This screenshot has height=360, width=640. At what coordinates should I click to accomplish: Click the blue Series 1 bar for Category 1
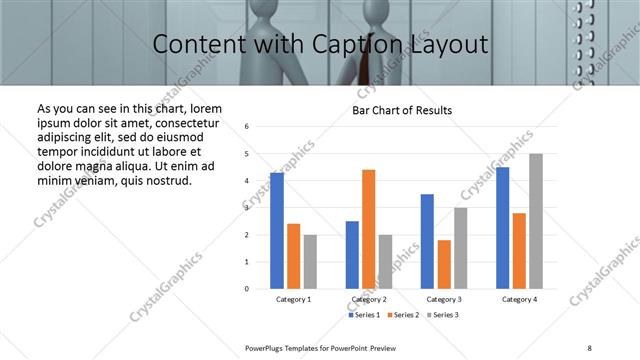pyautogui.click(x=277, y=231)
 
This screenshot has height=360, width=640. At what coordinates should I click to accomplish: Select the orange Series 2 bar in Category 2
pyautogui.click(x=369, y=229)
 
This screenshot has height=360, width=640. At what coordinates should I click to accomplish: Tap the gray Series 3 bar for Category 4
pyautogui.click(x=536, y=221)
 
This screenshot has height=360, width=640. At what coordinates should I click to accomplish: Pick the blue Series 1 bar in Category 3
pyautogui.click(x=427, y=241)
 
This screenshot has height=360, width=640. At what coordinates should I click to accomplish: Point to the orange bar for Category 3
pyautogui.click(x=444, y=264)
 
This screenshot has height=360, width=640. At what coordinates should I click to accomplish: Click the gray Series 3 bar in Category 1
pyautogui.click(x=310, y=262)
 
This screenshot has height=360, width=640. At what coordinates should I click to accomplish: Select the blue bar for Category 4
pyautogui.click(x=502, y=228)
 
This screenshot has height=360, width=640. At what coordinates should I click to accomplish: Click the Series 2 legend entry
pyautogui.click(x=402, y=315)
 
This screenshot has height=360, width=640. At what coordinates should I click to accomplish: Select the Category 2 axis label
pyautogui.click(x=369, y=300)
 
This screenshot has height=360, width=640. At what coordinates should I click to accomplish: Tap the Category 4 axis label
pyautogui.click(x=519, y=300)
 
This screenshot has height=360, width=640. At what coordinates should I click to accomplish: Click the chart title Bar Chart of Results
pyautogui.click(x=402, y=110)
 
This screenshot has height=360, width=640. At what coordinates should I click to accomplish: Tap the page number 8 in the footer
pyautogui.click(x=589, y=348)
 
